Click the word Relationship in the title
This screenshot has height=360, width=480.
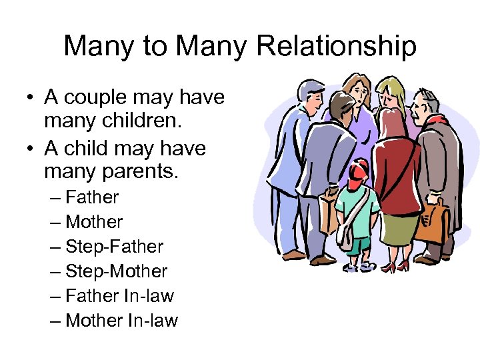pos(337,47)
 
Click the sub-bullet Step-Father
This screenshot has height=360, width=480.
pos(115,247)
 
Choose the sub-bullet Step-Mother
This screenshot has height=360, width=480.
pos(117,271)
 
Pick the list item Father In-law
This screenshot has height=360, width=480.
pos(120,296)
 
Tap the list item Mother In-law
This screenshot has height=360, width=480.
pos(122,321)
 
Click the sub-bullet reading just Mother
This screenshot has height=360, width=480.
pos(95,222)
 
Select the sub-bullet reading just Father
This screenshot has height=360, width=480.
pos(93,197)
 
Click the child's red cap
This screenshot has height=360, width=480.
pos(357,171)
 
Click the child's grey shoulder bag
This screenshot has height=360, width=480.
pos(345,233)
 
